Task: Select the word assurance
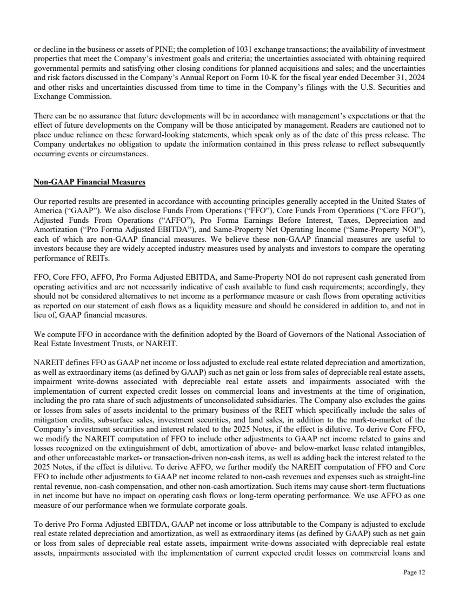[x=93, y=116]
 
